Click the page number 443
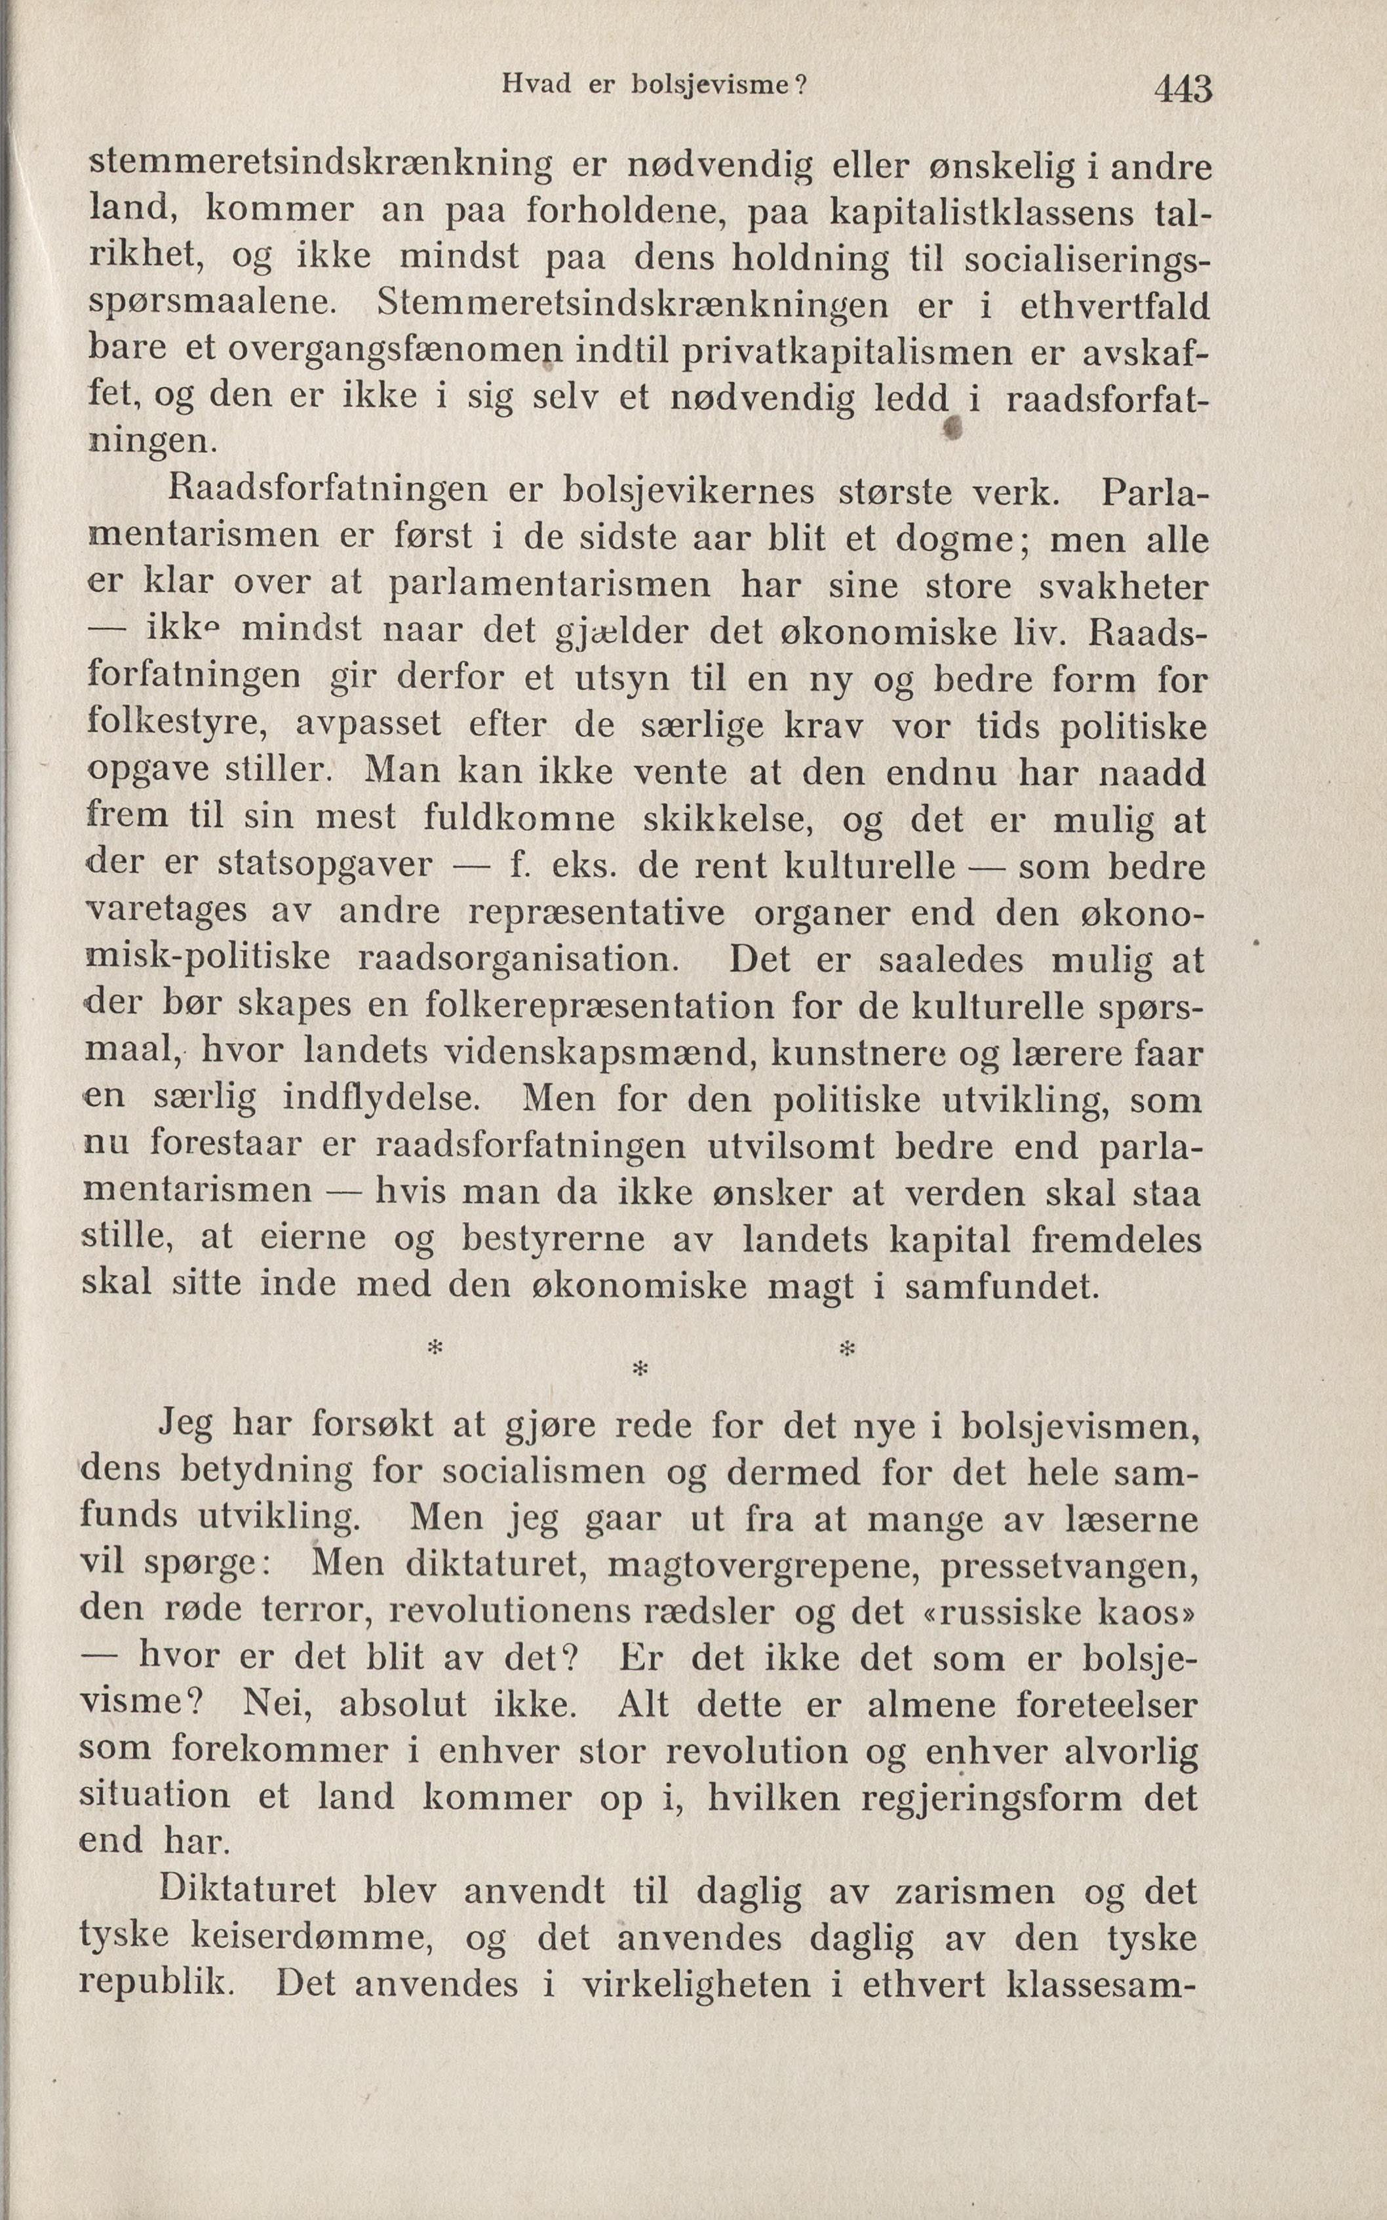coord(1183,89)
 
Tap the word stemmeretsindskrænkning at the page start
coord(321,165)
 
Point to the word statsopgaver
coord(324,866)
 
